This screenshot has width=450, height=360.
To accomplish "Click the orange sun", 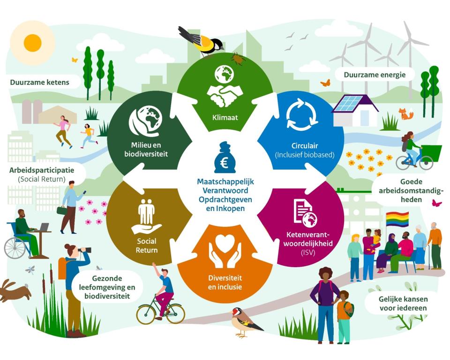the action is pyautogui.click(x=32, y=43).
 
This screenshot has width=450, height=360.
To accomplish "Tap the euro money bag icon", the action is pyautogui.click(x=225, y=157).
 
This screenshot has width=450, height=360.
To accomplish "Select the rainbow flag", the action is pyautogui.click(x=397, y=219).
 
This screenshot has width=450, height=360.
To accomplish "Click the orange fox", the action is pyautogui.click(x=406, y=114).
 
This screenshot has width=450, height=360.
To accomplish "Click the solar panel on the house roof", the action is pyautogui.click(x=348, y=103).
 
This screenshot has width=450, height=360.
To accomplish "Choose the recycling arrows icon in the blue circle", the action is pyautogui.click(x=302, y=114).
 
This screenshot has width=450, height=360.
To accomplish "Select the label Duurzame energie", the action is pyautogui.click(x=375, y=75).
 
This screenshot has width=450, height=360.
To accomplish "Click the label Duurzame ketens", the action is pyautogui.click(x=39, y=82).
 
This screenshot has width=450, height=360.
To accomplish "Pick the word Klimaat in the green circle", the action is pyautogui.click(x=225, y=117).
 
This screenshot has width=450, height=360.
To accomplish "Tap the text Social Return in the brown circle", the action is pyautogui.click(x=147, y=246).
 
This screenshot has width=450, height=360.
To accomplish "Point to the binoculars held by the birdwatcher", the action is pyautogui.click(x=85, y=250).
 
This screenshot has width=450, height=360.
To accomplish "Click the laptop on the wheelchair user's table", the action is pyautogui.click(x=44, y=227).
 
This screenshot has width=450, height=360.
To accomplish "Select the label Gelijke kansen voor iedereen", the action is pyautogui.click(x=403, y=303).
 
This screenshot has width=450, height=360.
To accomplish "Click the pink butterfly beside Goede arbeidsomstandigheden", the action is pyautogui.click(x=437, y=203).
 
